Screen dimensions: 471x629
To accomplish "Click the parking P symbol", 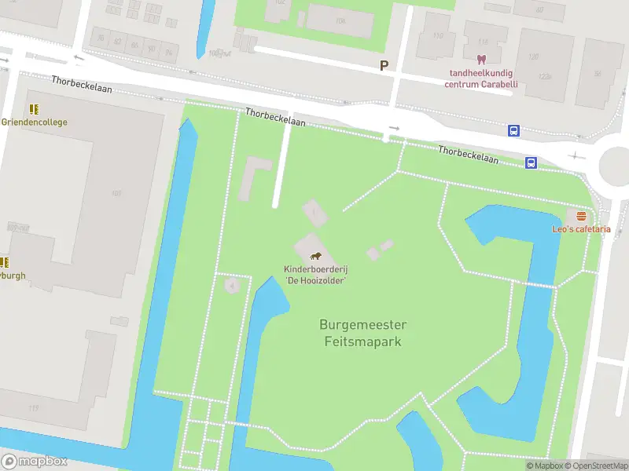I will [384, 66].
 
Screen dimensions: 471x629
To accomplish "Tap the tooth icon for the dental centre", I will [480, 59].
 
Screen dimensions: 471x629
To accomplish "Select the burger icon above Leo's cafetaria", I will [581, 216].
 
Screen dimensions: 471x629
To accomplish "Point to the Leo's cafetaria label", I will [581, 229].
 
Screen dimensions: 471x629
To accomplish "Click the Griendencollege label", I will [34, 122].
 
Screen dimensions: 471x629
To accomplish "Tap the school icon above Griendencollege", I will [34, 109].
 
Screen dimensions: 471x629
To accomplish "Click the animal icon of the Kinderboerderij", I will [315, 256].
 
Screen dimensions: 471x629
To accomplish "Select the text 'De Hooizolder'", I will [315, 280].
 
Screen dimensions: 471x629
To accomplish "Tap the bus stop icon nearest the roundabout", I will [531, 163].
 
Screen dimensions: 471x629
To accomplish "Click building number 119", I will [33, 408].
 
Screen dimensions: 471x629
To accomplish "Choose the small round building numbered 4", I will [231, 284].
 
